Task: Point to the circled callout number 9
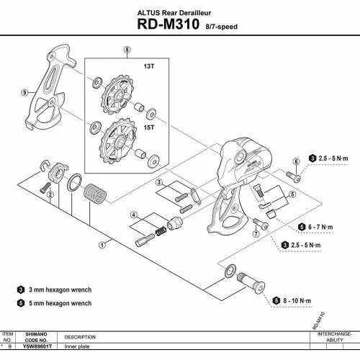[24, 92]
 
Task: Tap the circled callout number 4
[133, 215]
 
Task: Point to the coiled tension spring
[91, 194]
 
